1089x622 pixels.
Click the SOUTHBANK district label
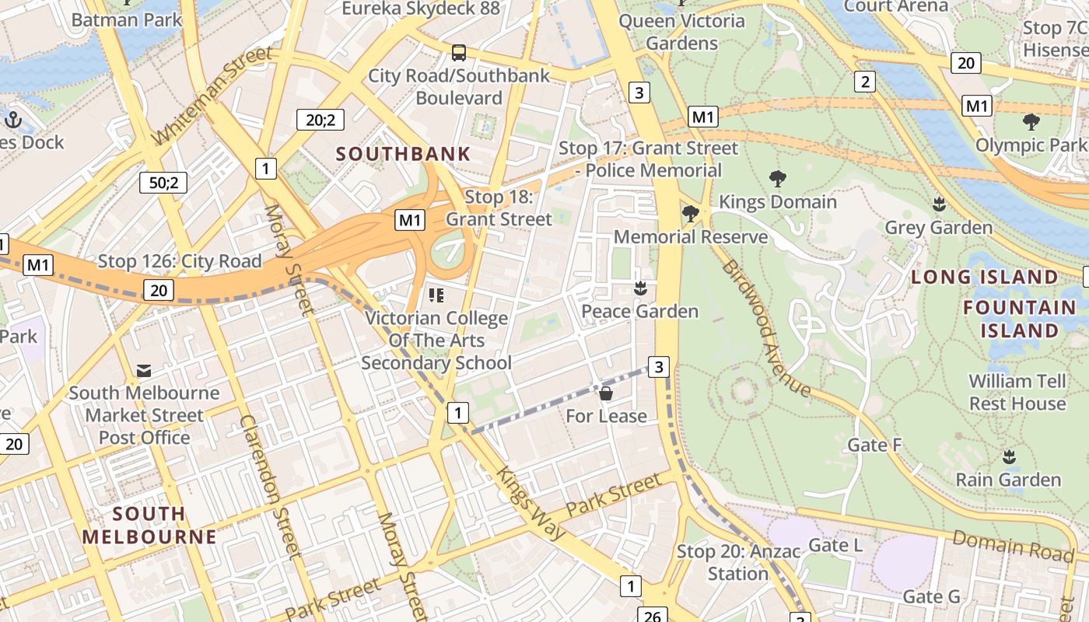point(403,153)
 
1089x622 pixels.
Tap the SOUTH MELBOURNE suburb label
point(149,525)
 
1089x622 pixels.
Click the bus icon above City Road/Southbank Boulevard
point(459,53)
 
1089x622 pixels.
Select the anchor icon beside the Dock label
point(12,120)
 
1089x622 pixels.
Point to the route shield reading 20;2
point(320,120)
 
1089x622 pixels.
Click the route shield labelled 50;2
point(163,183)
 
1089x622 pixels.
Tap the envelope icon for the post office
point(144,371)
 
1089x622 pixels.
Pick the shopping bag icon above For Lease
point(606,393)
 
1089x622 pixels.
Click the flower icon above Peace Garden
point(640,288)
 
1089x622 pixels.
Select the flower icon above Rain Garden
point(1009,456)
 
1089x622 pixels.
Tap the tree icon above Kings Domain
point(777,179)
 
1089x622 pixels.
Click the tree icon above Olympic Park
point(1031,122)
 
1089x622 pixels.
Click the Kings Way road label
point(530,503)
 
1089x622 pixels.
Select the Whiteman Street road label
point(212,96)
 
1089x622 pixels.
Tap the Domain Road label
point(1012,545)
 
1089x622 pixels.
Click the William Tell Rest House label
point(1017,392)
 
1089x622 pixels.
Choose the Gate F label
point(874,445)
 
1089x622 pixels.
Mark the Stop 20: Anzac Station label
point(737,562)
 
